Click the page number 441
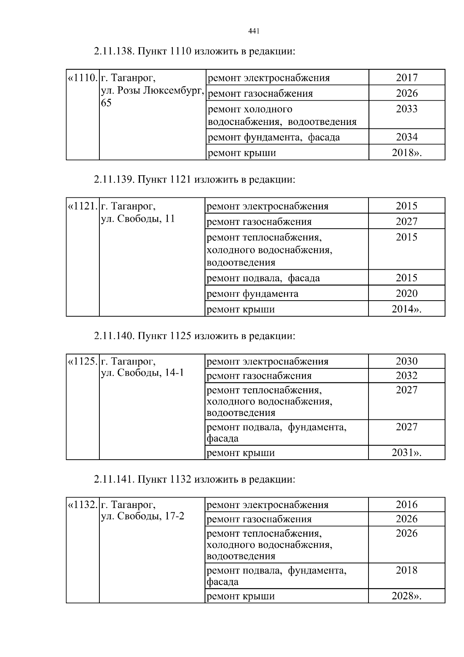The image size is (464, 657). click(x=253, y=31)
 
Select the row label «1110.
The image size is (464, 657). click(x=82, y=78)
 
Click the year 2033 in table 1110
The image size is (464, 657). click(x=407, y=109)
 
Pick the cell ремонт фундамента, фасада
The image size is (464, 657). click(x=274, y=137)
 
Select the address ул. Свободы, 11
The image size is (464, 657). click(x=138, y=219)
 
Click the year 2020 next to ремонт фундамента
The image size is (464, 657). click(x=406, y=293)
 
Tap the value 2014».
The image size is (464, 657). click(x=406, y=309)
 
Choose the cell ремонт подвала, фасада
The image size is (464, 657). click(x=263, y=278)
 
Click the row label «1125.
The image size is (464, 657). click(x=82, y=361)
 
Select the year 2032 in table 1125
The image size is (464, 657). click(x=406, y=375)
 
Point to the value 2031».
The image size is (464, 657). click(x=406, y=452)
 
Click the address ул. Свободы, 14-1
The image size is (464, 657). click(x=142, y=373)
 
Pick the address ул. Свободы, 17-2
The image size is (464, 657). click(x=142, y=516)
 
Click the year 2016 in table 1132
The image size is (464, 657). click(x=406, y=505)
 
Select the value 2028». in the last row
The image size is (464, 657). click(x=406, y=596)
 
